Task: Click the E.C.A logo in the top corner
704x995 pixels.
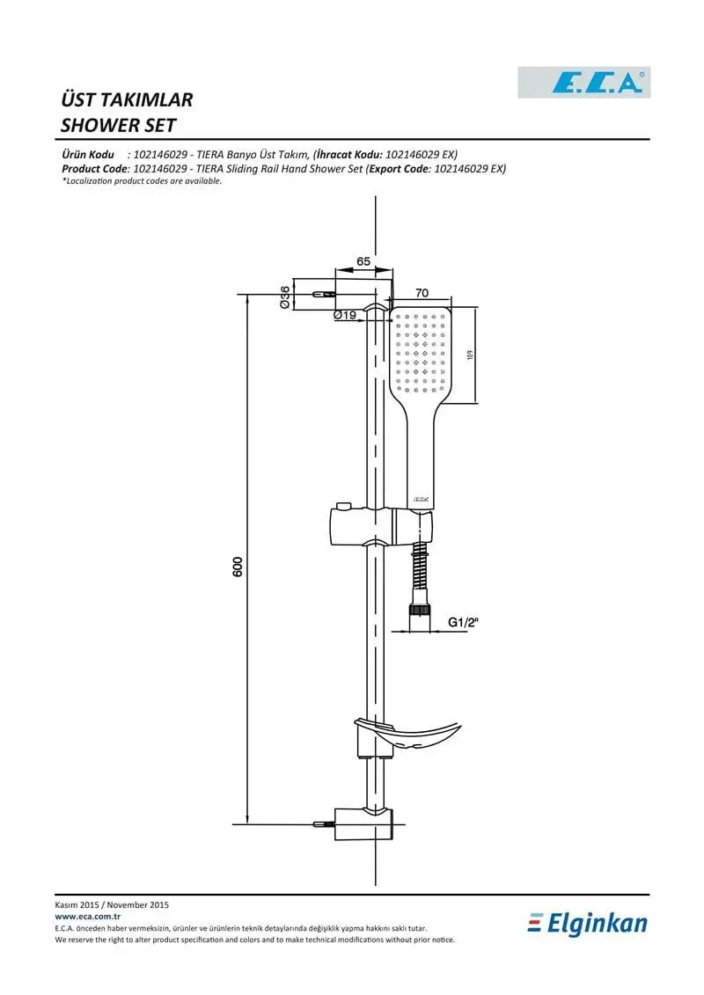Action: click(584, 83)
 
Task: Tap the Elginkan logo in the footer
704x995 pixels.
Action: click(588, 923)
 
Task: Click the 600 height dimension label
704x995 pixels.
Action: click(238, 566)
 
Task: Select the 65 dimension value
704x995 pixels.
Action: click(363, 261)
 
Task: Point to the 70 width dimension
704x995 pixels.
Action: click(422, 293)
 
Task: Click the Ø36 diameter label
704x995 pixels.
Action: click(285, 297)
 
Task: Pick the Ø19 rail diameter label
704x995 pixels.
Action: click(345, 314)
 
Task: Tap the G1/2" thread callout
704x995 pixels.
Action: click(463, 622)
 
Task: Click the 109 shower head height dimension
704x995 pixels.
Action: click(470, 355)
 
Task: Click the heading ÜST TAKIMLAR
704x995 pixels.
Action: click(127, 99)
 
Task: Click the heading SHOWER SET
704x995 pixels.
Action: click(118, 125)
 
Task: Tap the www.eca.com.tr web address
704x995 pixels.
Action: click(88, 917)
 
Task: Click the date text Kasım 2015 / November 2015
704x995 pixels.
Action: click(112, 905)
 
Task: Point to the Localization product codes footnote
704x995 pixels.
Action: click(143, 181)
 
